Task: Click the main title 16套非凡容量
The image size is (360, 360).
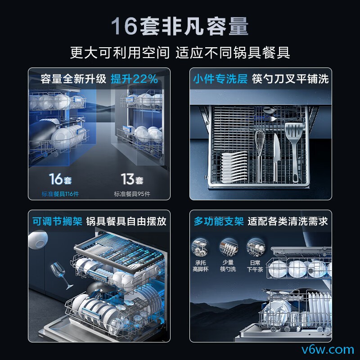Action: (180, 26)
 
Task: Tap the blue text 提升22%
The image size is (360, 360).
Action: (134, 79)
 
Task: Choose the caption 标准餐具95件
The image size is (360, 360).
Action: (132, 194)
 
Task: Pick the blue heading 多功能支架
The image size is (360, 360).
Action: (219, 221)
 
